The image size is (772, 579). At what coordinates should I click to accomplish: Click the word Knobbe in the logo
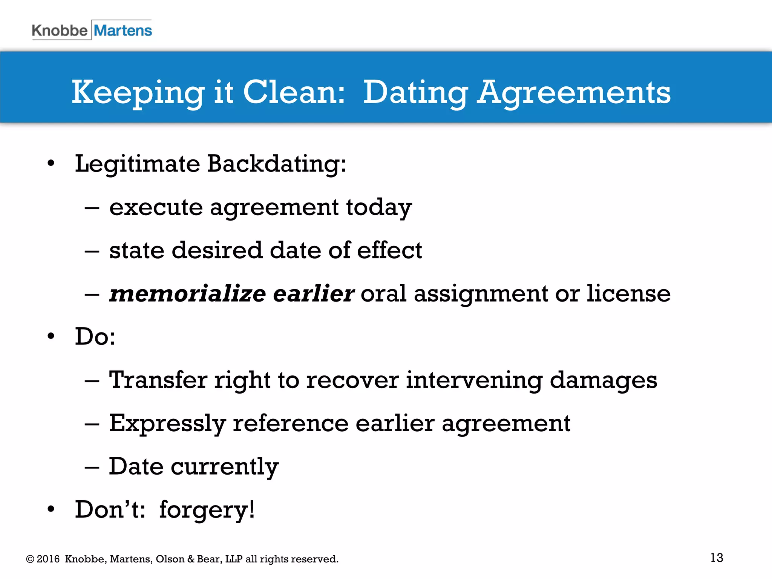[x=59, y=31]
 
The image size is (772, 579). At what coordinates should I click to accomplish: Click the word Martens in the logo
[x=123, y=31]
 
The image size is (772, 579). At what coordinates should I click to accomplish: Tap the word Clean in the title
[x=294, y=92]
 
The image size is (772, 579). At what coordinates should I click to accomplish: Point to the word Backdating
[x=277, y=164]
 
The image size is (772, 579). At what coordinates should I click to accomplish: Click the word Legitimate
[x=137, y=164]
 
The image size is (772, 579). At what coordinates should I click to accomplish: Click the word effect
[x=389, y=250]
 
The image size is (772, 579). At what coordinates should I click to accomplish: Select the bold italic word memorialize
[x=187, y=294]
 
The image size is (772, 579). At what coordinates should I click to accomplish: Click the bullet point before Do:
[x=51, y=336]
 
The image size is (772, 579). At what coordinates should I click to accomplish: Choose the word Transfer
[x=158, y=380]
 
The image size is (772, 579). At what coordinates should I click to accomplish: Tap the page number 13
[x=717, y=558]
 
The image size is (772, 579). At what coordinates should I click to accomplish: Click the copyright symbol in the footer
[x=30, y=559]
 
